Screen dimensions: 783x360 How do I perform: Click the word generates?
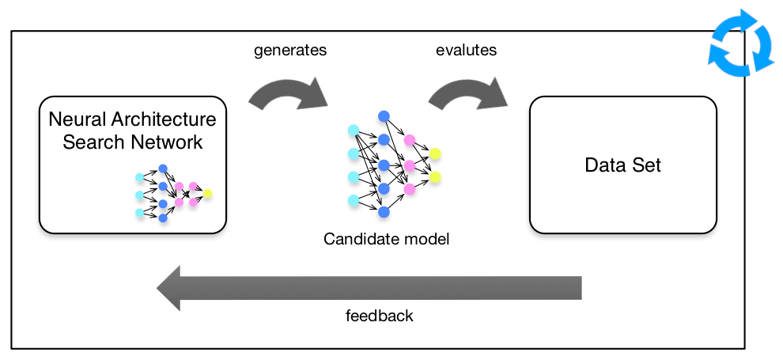290,51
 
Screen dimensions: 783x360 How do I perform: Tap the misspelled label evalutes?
467,51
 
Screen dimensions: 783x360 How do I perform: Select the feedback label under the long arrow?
380,316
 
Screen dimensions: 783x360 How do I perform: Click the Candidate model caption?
387,239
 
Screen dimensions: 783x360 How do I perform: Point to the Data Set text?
622,165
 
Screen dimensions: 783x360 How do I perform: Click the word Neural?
77,119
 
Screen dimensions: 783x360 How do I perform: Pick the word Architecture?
163,119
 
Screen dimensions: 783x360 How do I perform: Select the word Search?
94,142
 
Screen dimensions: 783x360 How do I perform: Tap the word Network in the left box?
167,142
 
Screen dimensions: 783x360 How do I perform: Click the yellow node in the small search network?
208,193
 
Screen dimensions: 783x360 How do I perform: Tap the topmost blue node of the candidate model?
384,116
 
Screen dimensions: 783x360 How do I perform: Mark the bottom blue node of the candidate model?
384,212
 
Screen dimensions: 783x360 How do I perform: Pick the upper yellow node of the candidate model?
435,153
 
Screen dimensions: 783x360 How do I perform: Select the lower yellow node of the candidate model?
435,176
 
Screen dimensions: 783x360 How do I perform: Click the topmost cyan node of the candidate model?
353,130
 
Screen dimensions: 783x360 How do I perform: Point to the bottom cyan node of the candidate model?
353,200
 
